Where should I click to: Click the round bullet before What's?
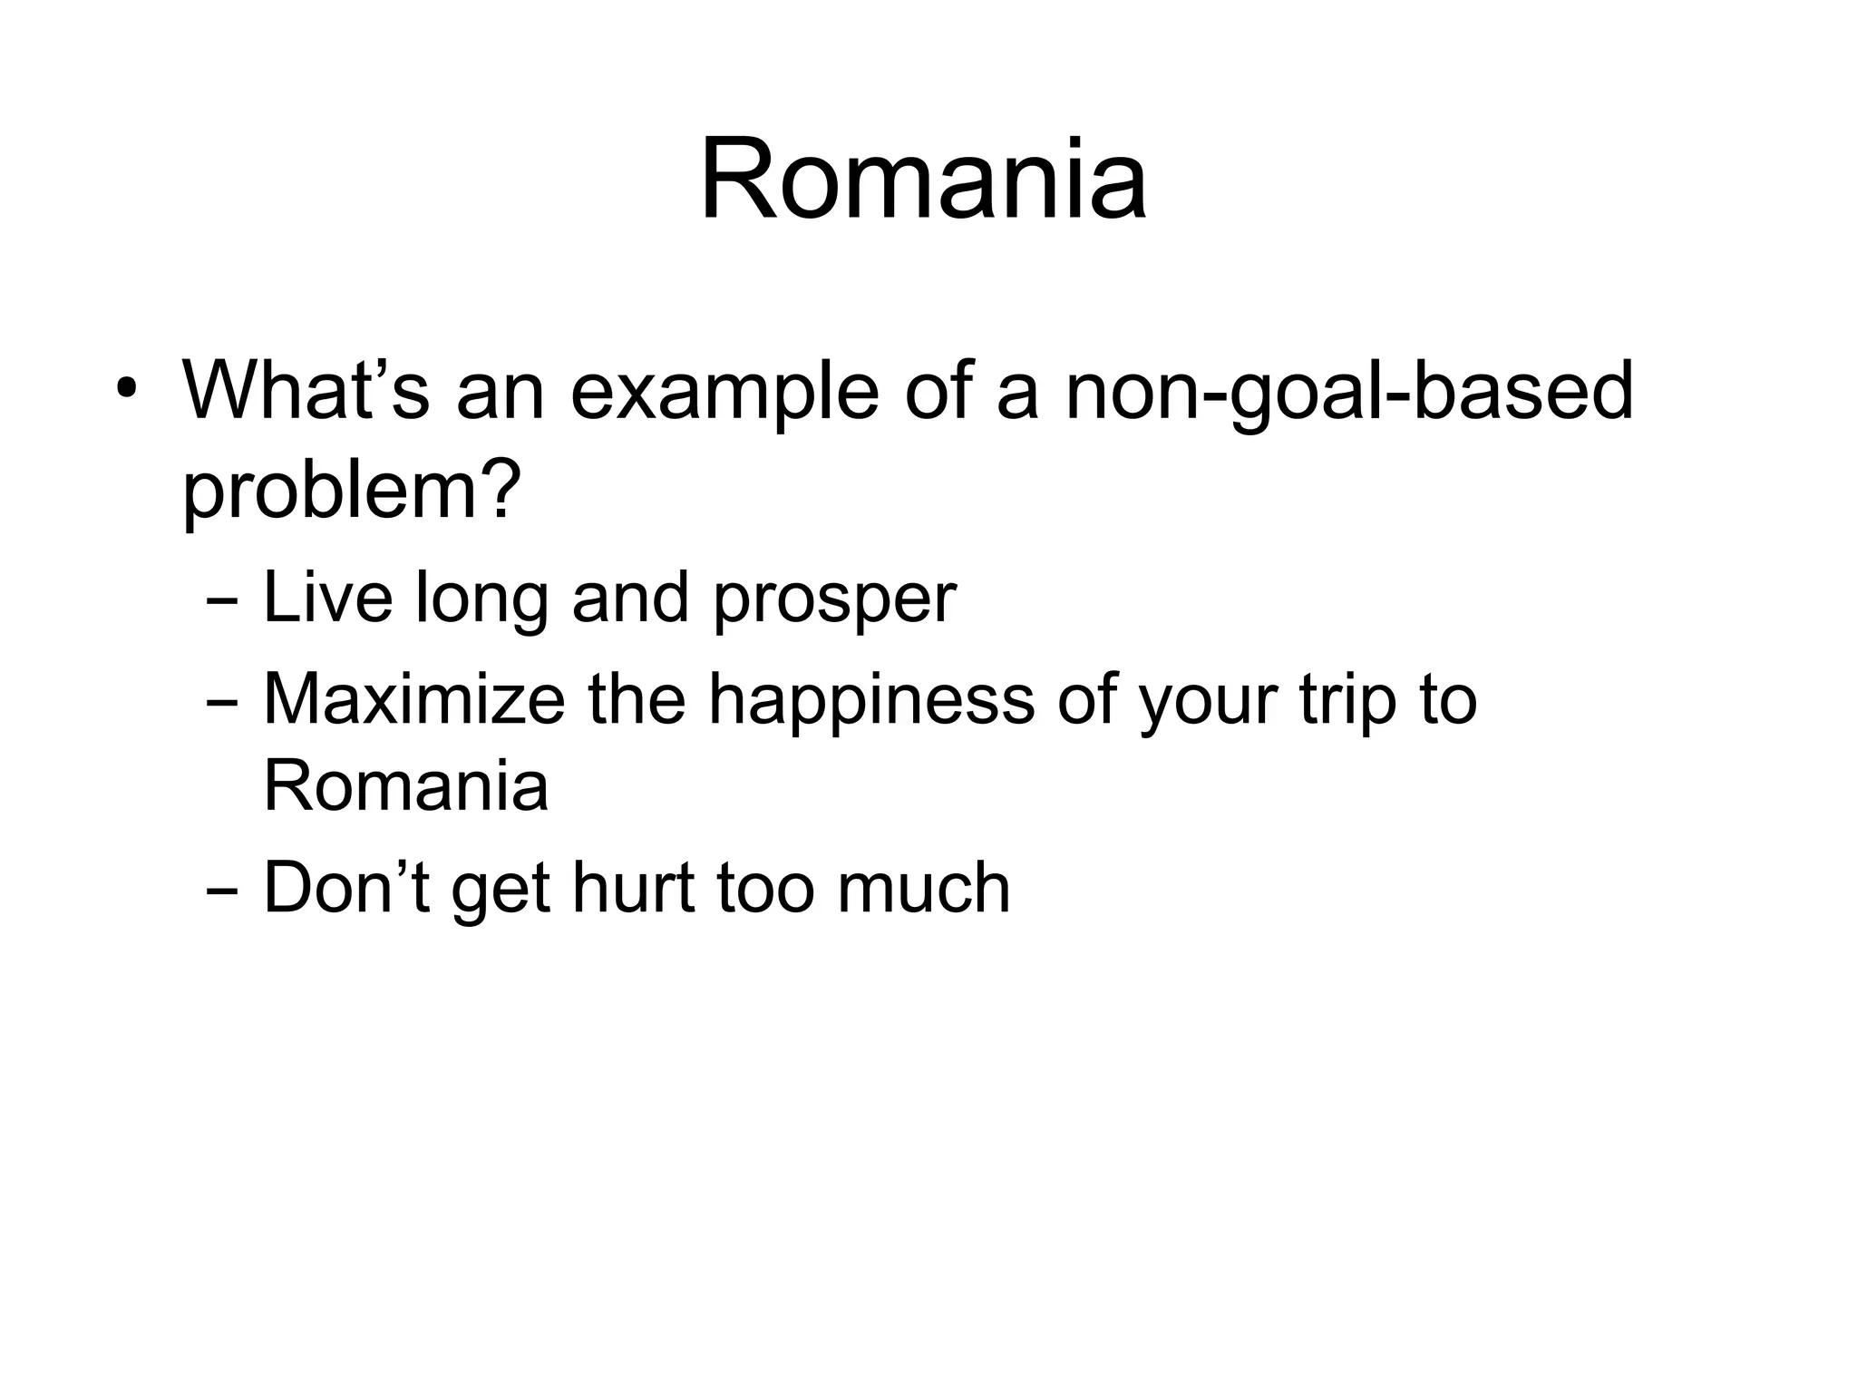pyautogui.click(x=126, y=392)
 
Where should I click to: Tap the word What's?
pyautogui.click(x=305, y=392)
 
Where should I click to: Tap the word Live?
pyautogui.click(x=327, y=598)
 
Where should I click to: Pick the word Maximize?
pyautogui.click(x=413, y=699)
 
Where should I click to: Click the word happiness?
pyautogui.click(x=870, y=701)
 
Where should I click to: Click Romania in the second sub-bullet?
pyautogui.click(x=405, y=785)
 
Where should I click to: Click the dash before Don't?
pyautogui.click(x=222, y=891)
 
